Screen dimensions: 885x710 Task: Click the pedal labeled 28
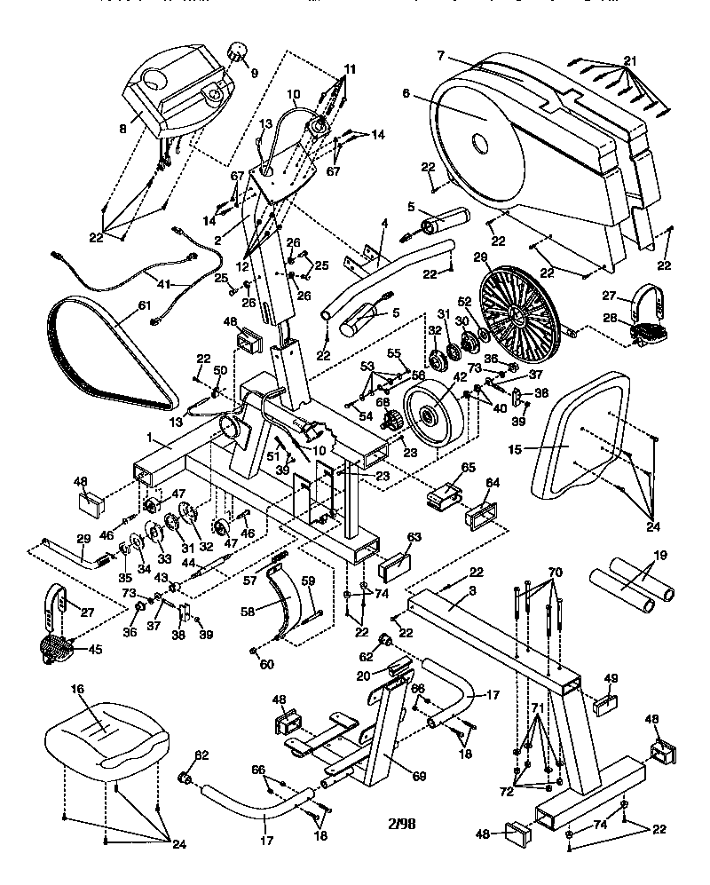coord(650,332)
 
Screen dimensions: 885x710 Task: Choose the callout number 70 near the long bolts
coord(556,573)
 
